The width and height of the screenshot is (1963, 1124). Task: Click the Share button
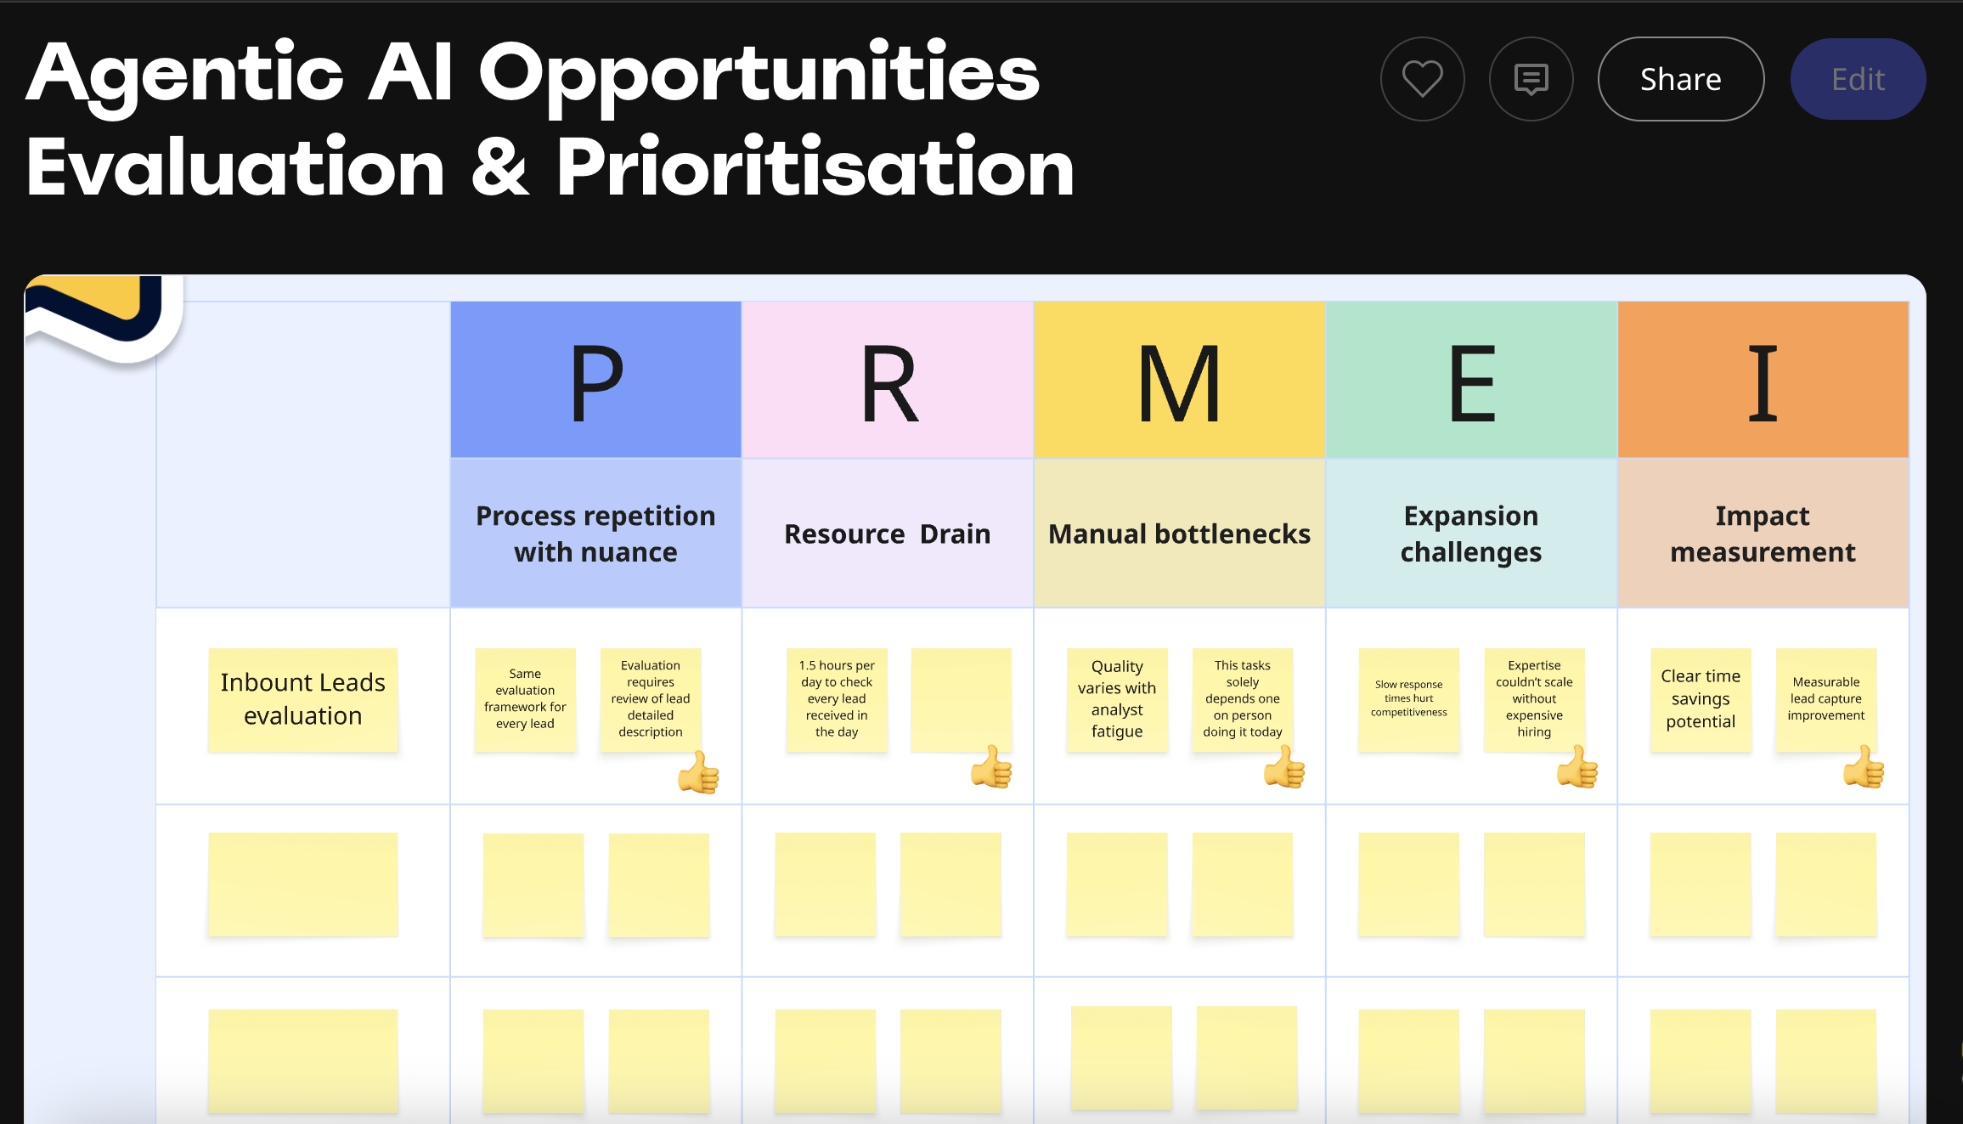pos(1680,79)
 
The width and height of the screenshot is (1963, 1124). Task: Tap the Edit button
pos(1858,79)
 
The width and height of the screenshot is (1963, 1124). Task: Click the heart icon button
pos(1422,79)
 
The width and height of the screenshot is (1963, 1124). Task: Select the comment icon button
pos(1531,79)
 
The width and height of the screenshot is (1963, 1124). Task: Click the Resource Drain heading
pos(888,534)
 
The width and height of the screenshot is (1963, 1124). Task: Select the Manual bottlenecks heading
pos(1179,534)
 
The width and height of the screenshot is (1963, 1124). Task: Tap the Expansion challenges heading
pos(1471,534)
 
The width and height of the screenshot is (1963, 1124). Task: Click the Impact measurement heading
pos(1763,534)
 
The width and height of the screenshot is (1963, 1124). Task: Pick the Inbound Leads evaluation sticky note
pos(303,700)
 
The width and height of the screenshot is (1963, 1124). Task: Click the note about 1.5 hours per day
pos(837,700)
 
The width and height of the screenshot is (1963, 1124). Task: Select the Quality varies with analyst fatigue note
pos(1117,700)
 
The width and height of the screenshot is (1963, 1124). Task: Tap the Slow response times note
pos(1409,700)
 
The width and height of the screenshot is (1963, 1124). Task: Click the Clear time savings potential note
pos(1701,700)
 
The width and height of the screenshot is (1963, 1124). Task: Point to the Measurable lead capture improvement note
pos(1826,700)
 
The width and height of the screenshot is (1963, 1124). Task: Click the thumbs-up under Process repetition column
pos(698,771)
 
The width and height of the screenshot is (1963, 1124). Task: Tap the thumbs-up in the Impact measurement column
pos(1864,766)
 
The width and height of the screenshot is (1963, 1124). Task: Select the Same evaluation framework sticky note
pos(525,700)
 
